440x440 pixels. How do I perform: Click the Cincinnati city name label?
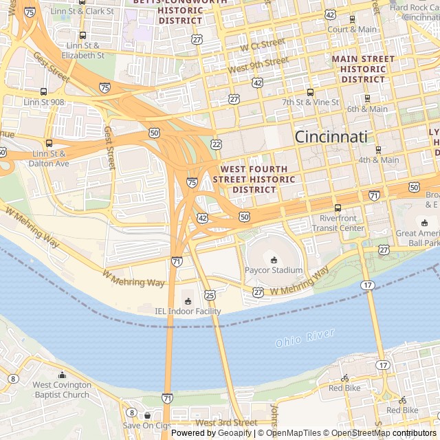pyautogui.click(x=331, y=136)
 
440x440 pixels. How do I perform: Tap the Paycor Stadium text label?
pyautogui.click(x=274, y=270)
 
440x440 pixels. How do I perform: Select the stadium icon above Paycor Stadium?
pyautogui.click(x=274, y=259)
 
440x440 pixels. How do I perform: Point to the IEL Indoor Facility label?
pyautogui.click(x=188, y=311)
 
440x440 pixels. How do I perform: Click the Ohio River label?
pyautogui.click(x=305, y=338)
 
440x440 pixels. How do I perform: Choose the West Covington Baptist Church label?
pyautogui.click(x=61, y=390)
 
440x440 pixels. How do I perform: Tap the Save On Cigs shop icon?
pyautogui.click(x=147, y=415)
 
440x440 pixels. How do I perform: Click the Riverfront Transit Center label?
pyautogui.click(x=342, y=223)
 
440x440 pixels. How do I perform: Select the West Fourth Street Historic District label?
pyautogui.click(x=254, y=179)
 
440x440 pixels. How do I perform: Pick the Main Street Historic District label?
pyautogui.click(x=363, y=69)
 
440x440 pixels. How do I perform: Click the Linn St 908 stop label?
pyautogui.click(x=44, y=102)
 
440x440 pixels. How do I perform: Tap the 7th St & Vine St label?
pyautogui.click(x=311, y=102)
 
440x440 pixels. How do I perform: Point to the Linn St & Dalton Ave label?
pyautogui.click(x=49, y=159)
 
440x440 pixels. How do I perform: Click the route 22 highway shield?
pyautogui.click(x=217, y=144)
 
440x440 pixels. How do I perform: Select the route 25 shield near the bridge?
pyautogui.click(x=210, y=295)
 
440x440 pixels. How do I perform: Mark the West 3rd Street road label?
pyautogui.click(x=226, y=422)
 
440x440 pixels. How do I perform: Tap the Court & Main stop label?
pyautogui.click(x=352, y=30)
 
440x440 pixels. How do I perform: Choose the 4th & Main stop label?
pyautogui.click(x=377, y=160)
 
